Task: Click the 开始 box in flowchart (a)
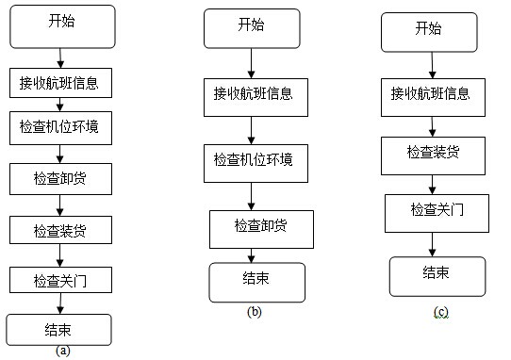[61, 25]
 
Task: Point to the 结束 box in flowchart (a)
[58, 329]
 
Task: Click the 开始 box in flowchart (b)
[251, 27]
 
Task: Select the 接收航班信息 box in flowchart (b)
[253, 94]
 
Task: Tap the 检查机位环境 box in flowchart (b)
[253, 160]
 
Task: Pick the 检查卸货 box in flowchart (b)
[261, 226]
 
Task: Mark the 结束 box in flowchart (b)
[257, 281]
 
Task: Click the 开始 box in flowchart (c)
[428, 31]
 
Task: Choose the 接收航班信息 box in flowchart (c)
[432, 95]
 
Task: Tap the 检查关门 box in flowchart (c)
[437, 212]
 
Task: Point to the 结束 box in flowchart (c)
[435, 275]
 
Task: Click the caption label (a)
[62, 352]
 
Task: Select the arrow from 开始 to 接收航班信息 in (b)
[252, 61]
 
